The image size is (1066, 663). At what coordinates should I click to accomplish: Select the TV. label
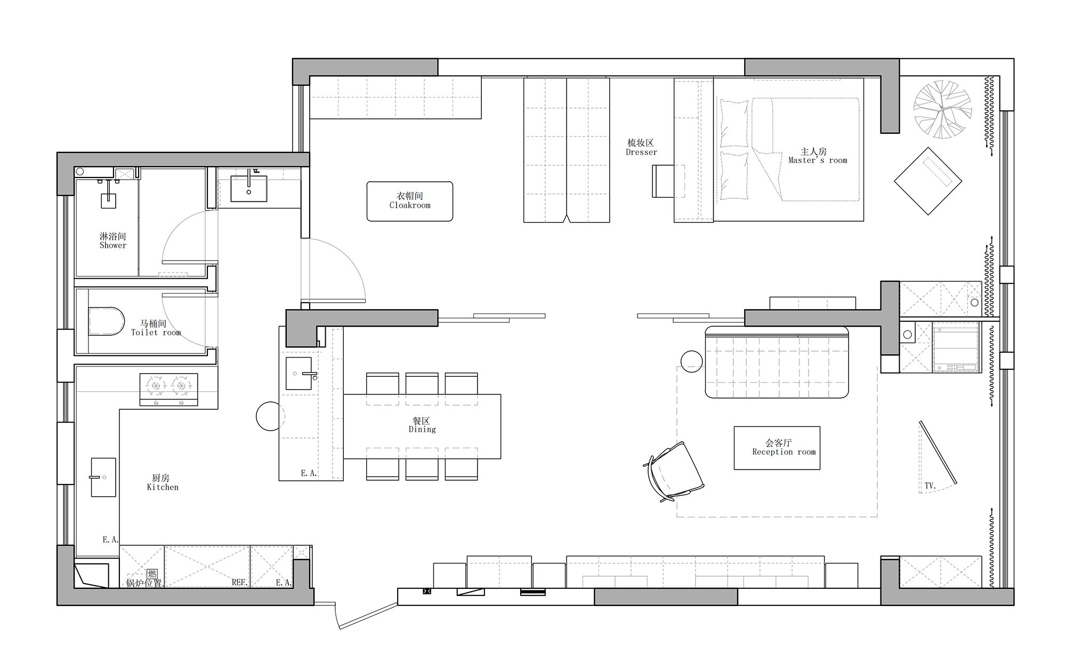tap(930, 486)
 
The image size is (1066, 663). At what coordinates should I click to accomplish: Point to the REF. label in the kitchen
tap(239, 583)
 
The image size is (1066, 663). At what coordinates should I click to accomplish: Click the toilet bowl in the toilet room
tap(106, 321)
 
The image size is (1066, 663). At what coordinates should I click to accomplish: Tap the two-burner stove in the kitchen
tap(168, 390)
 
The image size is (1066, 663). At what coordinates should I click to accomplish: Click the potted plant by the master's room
tap(942, 109)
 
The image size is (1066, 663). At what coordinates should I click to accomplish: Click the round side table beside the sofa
tap(691, 362)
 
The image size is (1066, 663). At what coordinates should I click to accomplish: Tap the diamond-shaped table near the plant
tap(928, 181)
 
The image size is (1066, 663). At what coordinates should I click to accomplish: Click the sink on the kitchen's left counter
tap(103, 477)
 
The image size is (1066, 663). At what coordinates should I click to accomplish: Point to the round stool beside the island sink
tap(271, 416)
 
